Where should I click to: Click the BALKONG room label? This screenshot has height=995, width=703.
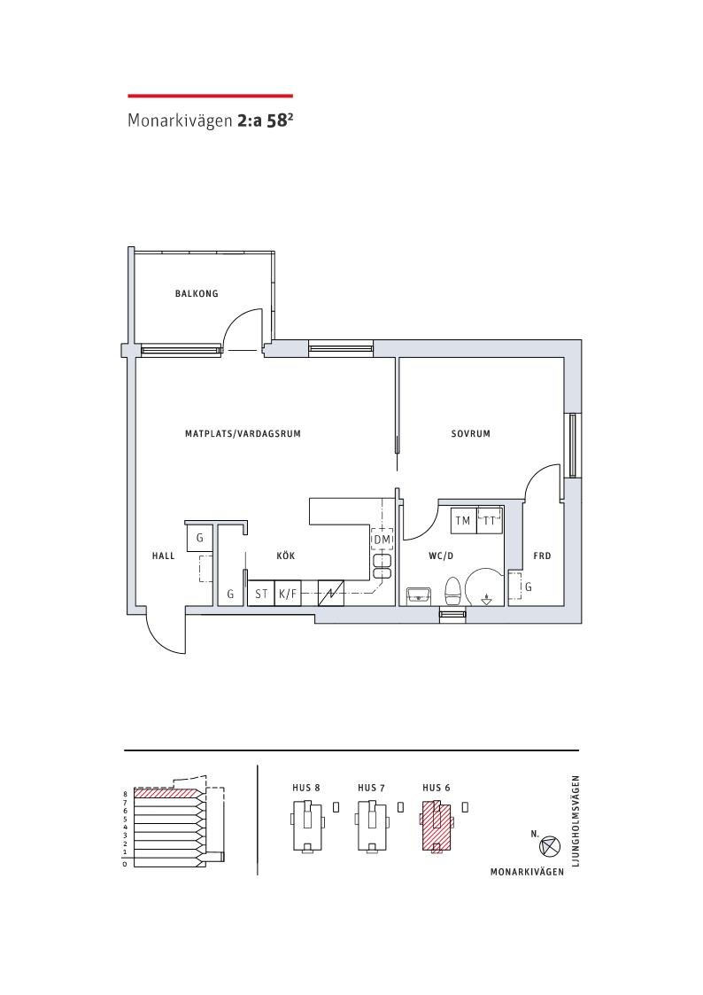[x=197, y=294]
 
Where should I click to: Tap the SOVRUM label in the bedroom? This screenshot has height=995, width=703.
[x=471, y=434]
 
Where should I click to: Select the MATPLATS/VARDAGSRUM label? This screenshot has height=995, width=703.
[x=243, y=434]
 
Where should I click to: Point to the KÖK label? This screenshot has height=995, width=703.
[x=286, y=556]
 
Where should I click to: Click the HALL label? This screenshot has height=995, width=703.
[x=164, y=556]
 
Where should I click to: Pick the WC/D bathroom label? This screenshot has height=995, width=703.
[x=441, y=556]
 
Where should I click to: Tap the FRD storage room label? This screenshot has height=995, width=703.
[x=542, y=556]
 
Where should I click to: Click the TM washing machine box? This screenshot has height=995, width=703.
[x=463, y=520]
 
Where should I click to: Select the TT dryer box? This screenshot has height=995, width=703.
[x=490, y=520]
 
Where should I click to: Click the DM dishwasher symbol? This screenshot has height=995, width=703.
[x=382, y=540]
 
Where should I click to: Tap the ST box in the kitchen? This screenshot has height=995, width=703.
[x=261, y=594]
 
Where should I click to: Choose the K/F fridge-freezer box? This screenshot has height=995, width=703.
[x=288, y=594]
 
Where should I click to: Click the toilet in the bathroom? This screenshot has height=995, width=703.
[x=453, y=591]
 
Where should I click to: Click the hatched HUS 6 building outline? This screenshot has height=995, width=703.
[x=436, y=826]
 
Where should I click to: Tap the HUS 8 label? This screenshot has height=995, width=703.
[x=306, y=789]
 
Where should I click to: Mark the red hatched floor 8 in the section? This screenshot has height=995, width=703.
[x=167, y=793]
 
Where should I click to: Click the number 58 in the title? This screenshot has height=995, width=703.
[x=276, y=121]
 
